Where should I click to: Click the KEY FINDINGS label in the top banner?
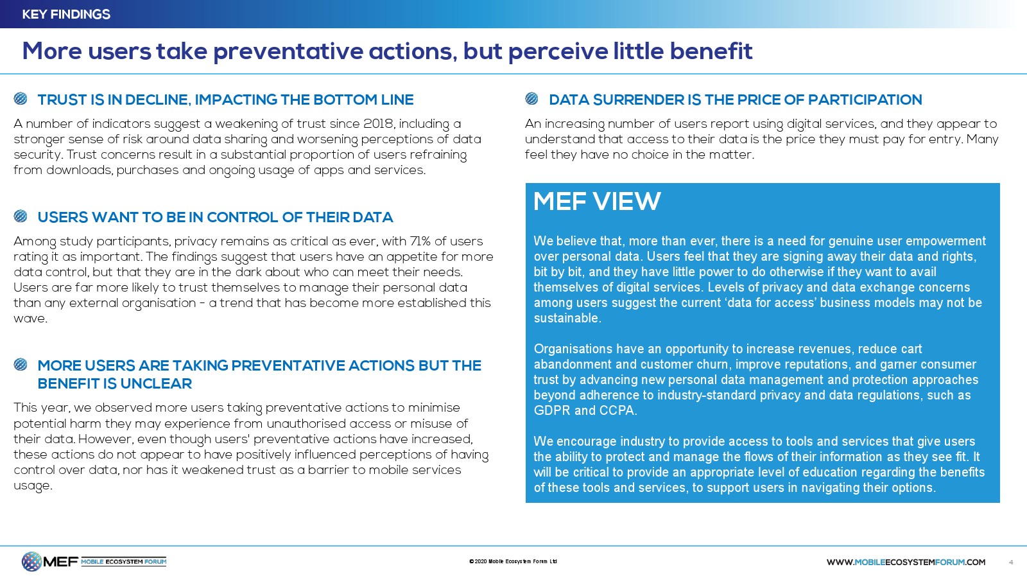(x=66, y=14)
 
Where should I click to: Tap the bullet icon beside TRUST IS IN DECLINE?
(x=21, y=99)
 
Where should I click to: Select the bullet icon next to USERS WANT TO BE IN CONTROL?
(x=21, y=216)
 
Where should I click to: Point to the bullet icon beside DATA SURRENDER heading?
(x=531, y=99)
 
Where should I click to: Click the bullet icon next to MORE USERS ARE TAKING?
(x=21, y=365)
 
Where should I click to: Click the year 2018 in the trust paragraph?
(x=378, y=123)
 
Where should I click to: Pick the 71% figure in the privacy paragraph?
(x=420, y=241)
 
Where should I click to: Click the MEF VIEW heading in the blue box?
(x=596, y=202)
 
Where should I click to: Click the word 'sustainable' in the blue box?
(x=566, y=318)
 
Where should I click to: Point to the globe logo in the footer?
(x=31, y=561)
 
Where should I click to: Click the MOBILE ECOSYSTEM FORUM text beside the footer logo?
(x=123, y=561)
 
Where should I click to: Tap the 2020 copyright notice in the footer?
(x=513, y=561)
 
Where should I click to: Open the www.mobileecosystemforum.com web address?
(x=906, y=562)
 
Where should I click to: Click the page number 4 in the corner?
(x=1011, y=562)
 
